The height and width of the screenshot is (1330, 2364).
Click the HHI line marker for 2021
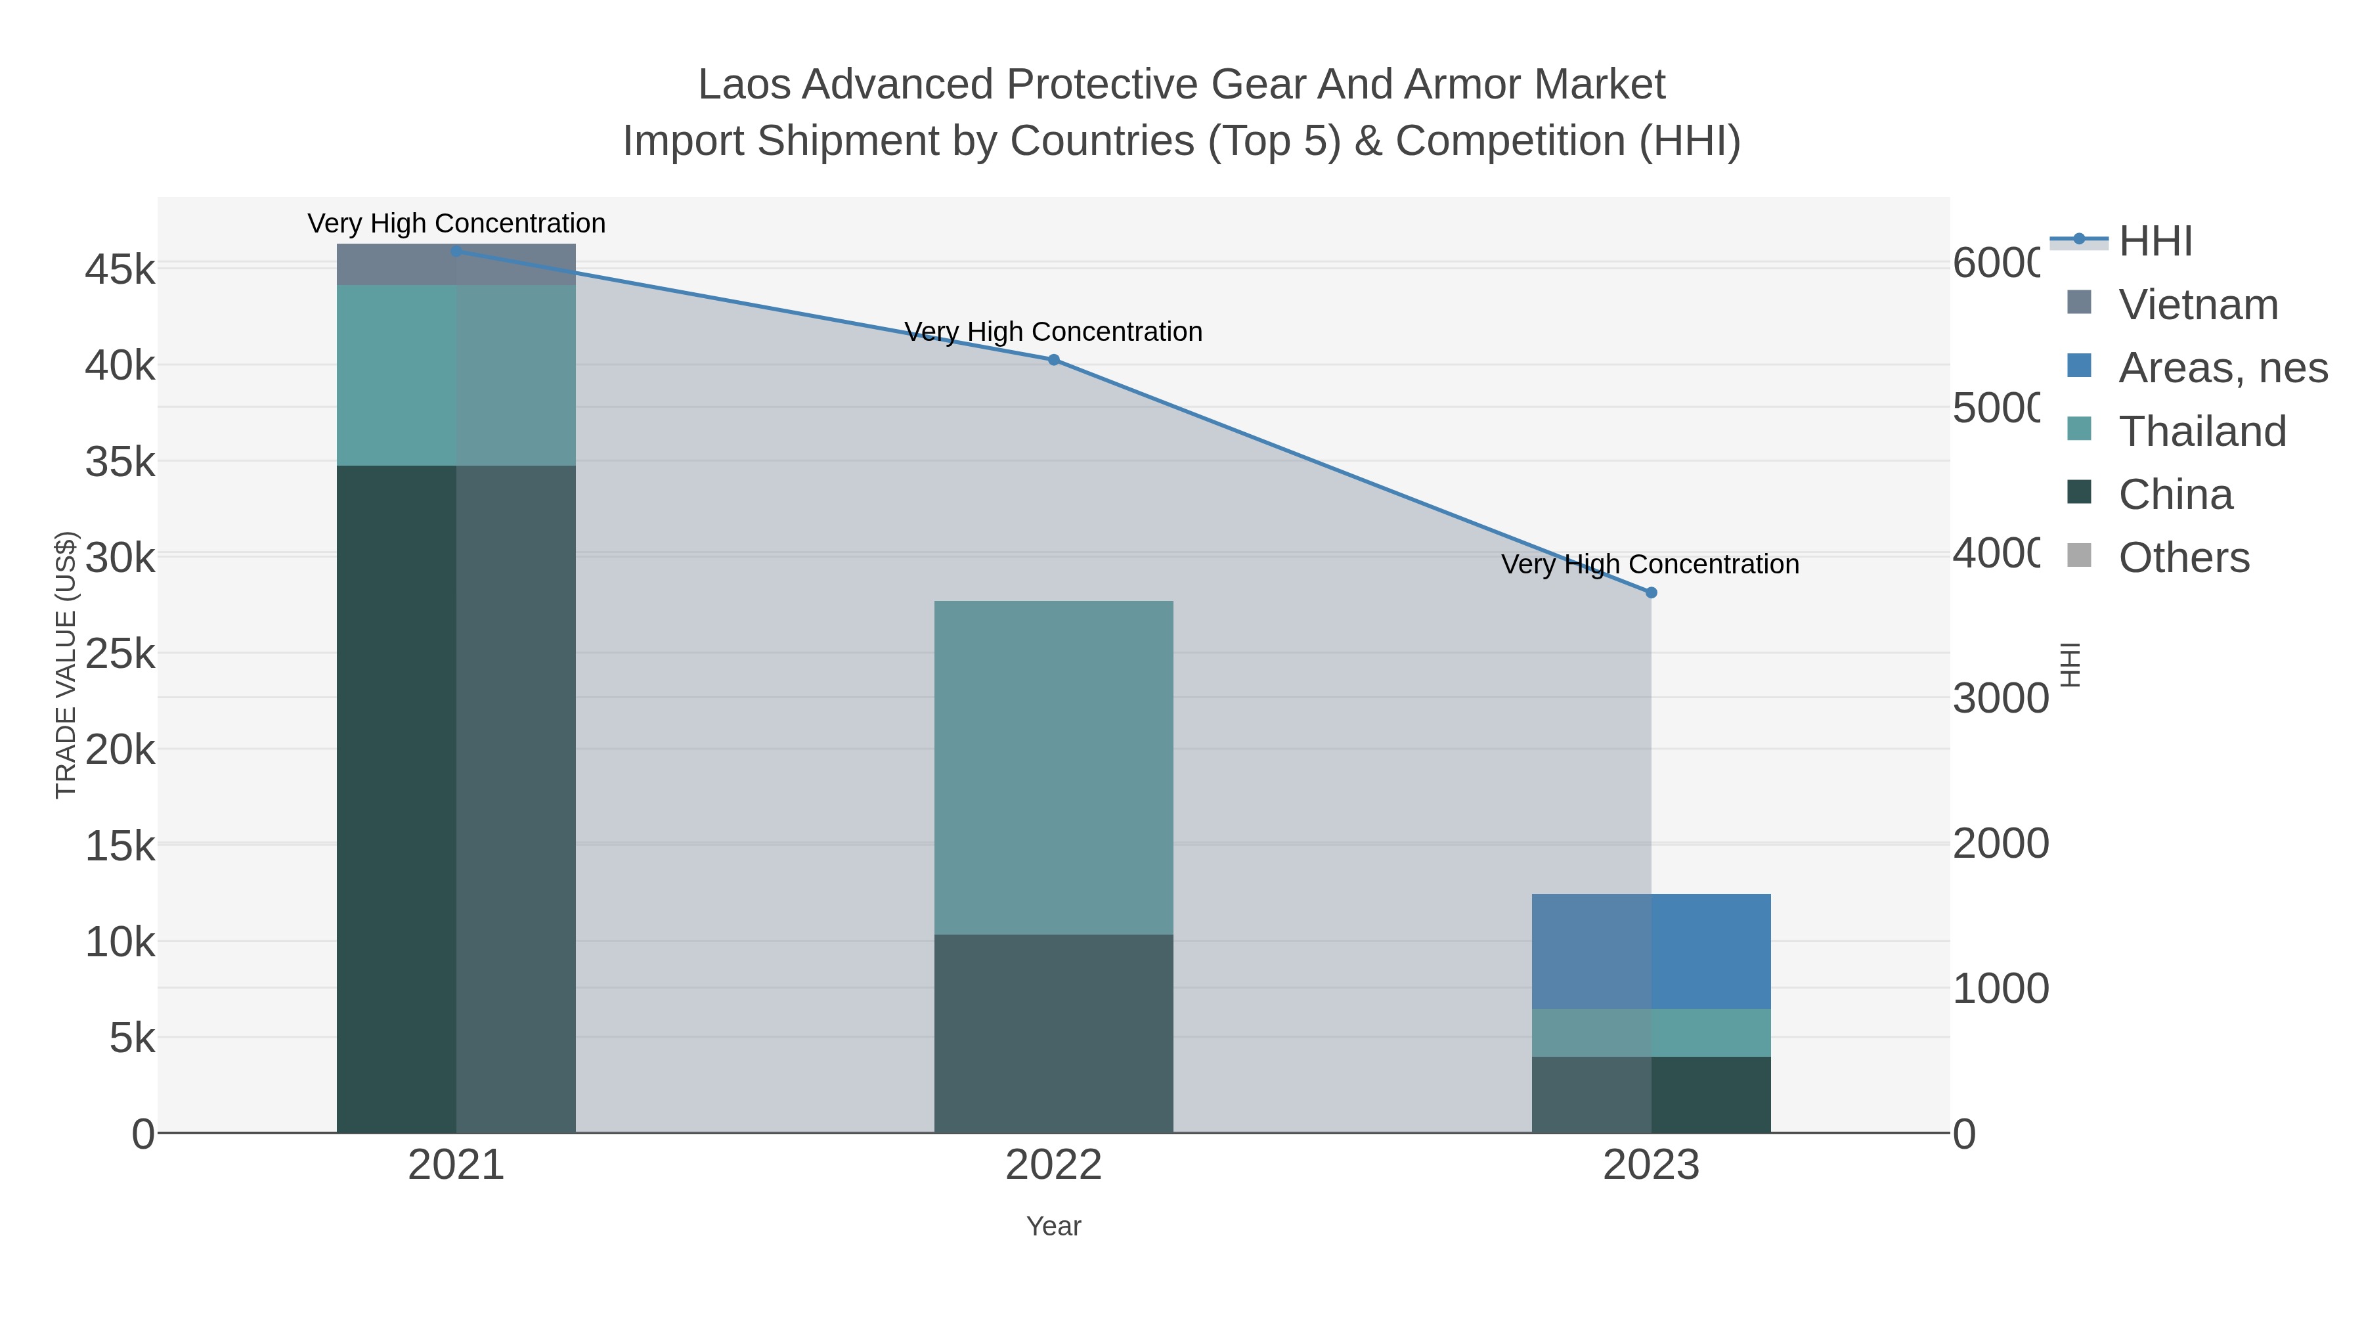[x=456, y=252]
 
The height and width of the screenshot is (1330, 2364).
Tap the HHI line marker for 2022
[x=1053, y=360]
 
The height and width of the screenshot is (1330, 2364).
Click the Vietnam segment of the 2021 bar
[x=456, y=264]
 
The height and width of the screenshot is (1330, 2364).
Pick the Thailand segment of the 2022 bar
[x=1053, y=767]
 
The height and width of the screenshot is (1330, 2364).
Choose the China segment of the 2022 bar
[x=1053, y=1034]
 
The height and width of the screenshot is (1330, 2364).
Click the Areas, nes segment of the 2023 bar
[x=1651, y=951]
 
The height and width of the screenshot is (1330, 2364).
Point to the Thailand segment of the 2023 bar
[x=1651, y=1032]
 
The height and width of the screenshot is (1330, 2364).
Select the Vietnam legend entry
[x=2172, y=304]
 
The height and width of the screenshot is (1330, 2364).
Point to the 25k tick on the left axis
[x=120, y=654]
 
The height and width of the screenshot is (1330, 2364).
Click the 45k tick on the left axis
[x=120, y=270]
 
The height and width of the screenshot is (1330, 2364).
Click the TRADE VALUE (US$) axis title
[x=66, y=665]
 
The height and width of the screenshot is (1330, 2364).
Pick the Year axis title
[x=1053, y=1226]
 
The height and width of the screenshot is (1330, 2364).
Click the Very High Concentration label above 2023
[x=1650, y=564]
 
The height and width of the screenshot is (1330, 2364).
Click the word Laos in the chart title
[x=744, y=85]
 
